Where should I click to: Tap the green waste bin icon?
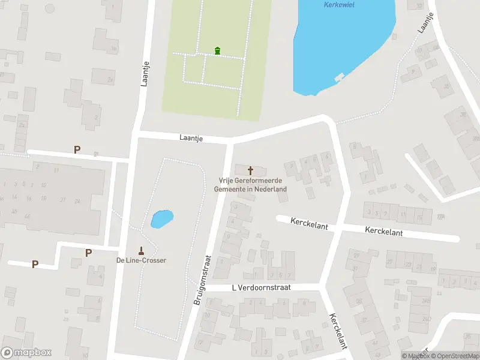click(x=217, y=50)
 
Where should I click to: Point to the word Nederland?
click(x=271, y=189)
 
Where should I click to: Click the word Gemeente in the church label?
click(x=230, y=189)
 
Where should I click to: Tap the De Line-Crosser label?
click(x=141, y=260)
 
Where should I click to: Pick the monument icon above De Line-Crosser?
click(x=142, y=250)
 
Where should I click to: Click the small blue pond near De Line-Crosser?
click(x=161, y=219)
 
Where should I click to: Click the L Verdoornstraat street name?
click(x=261, y=288)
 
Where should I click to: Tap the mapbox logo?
click(x=26, y=353)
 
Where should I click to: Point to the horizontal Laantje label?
click(x=191, y=138)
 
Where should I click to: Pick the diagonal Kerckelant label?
click(x=338, y=331)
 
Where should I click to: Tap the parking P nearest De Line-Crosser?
click(x=88, y=253)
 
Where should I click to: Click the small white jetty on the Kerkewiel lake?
click(x=340, y=77)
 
